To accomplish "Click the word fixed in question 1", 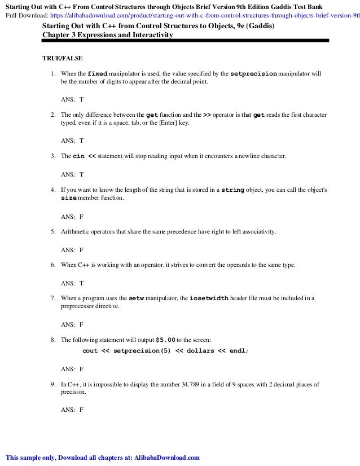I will pos(97,73).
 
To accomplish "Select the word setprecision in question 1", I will pos(254,73).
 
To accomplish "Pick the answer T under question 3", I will pos(81,175).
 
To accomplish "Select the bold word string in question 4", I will pos(232,191).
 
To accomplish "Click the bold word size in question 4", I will pos(69,199).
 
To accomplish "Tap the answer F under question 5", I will pos(81,249).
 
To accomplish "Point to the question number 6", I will pos(52,265).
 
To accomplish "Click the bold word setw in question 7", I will pos(137,298).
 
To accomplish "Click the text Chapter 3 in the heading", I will pos(59,35).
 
